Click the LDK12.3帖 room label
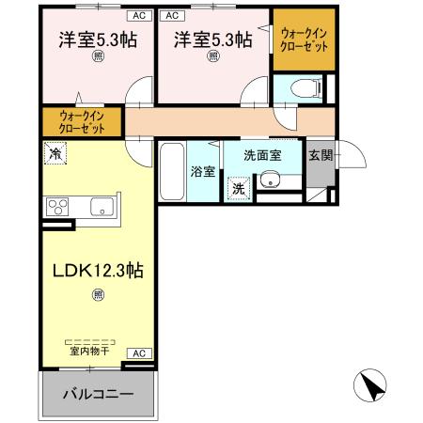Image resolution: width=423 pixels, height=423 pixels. pyautogui.click(x=97, y=270)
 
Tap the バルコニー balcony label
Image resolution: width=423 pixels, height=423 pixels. pyautogui.click(x=97, y=393)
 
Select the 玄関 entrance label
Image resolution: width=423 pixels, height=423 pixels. pyautogui.click(x=320, y=155)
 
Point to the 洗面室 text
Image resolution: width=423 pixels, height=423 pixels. pyautogui.click(x=262, y=155)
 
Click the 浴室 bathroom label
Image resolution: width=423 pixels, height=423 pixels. pyautogui.click(x=203, y=173)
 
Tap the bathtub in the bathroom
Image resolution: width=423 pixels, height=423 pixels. pyautogui.click(x=171, y=171)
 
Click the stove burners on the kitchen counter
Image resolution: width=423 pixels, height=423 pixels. pyautogui.click(x=56, y=207)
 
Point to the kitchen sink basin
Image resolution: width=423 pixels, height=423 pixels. pyautogui.click(x=102, y=207)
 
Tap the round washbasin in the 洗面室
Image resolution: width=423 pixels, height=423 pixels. pyautogui.click(x=273, y=180)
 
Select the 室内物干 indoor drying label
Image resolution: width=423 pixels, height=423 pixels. pyautogui.click(x=87, y=350)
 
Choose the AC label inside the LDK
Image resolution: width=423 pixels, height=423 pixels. pyautogui.click(x=137, y=353)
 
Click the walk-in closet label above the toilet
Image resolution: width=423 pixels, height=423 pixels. pyautogui.click(x=304, y=40)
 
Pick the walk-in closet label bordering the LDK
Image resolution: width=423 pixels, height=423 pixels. pyautogui.click(x=81, y=121)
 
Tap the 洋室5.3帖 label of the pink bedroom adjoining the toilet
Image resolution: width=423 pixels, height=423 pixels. pyautogui.click(x=212, y=40)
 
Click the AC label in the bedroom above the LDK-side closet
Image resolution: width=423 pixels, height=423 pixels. pyautogui.click(x=137, y=16)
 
